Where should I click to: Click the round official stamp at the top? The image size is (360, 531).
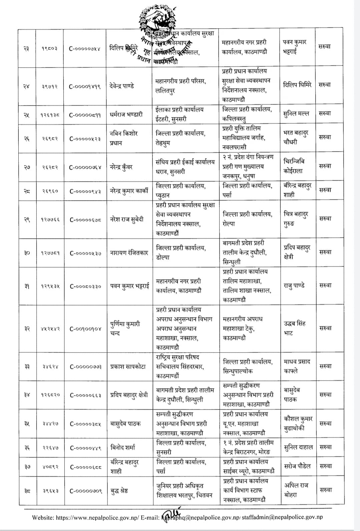157,32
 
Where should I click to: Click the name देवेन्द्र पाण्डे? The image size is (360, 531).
122,86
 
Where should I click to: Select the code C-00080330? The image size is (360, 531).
85,286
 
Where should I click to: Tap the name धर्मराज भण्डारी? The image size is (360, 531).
126,114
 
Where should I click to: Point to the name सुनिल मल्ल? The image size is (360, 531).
296,114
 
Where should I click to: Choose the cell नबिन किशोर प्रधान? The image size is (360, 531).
123,138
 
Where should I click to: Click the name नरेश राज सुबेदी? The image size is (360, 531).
127,219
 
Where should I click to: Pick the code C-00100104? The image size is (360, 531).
85,329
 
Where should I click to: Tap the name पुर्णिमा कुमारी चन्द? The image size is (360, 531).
125,329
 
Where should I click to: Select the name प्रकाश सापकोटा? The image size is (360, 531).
128,367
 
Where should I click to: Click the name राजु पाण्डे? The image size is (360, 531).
294,286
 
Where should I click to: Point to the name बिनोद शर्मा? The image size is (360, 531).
123,448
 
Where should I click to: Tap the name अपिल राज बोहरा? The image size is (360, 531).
296,490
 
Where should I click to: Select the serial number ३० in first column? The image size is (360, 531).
27,253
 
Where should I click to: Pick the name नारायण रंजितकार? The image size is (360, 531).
129,253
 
